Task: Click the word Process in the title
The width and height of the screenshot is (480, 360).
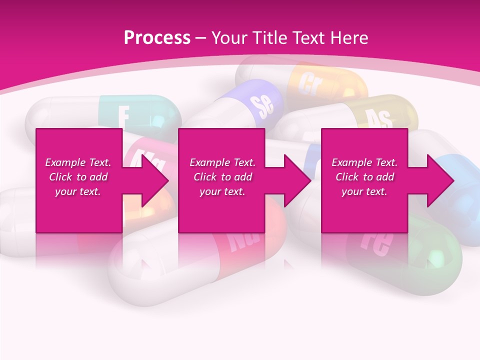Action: coord(157,38)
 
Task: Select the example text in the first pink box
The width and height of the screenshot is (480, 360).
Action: coord(78,177)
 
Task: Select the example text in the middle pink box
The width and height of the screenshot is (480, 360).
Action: coord(222,177)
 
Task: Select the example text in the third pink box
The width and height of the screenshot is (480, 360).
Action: coord(364,177)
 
